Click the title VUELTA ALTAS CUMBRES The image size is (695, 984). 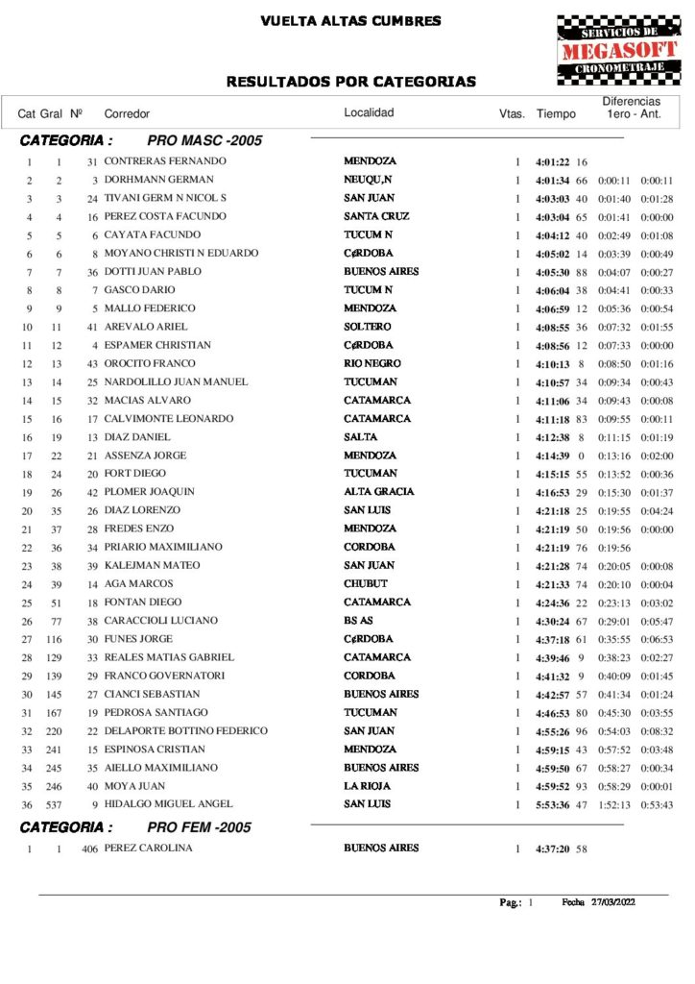point(350,21)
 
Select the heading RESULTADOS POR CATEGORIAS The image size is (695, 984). point(350,82)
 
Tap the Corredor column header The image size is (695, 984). point(127,114)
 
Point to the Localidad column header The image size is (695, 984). point(369,113)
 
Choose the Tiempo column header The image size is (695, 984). point(556,114)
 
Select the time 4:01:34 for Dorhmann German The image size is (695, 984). point(554,180)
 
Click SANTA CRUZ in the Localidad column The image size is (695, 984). point(376,216)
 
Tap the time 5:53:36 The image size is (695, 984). point(554,804)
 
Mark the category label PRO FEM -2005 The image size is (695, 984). point(200,826)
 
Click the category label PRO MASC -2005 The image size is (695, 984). point(204,140)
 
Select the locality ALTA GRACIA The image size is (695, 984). point(379,492)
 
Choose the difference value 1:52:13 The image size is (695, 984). point(613,804)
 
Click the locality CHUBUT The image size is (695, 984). point(366,583)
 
